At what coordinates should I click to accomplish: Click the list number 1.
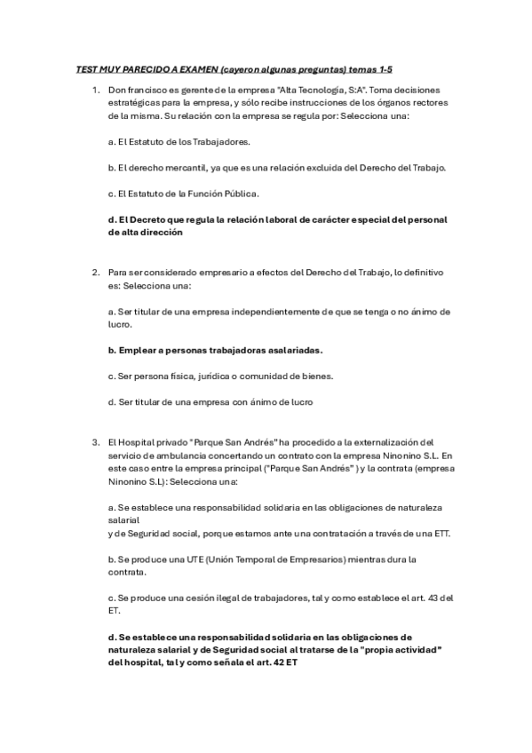[x=95, y=91]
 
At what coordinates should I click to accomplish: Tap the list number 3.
[x=95, y=442]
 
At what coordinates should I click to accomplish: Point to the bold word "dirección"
[x=163, y=232]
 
